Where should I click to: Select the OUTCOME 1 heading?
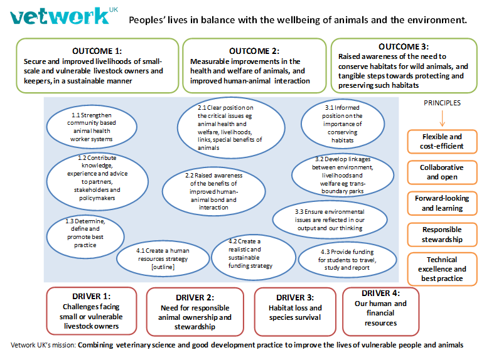pyautogui.click(x=97, y=50)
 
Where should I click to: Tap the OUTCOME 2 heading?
pyautogui.click(x=254, y=50)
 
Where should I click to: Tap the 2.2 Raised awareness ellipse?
pyautogui.click(x=212, y=191)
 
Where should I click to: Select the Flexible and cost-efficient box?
pyautogui.click(x=441, y=141)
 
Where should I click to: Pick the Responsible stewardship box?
pyautogui.click(x=441, y=234)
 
